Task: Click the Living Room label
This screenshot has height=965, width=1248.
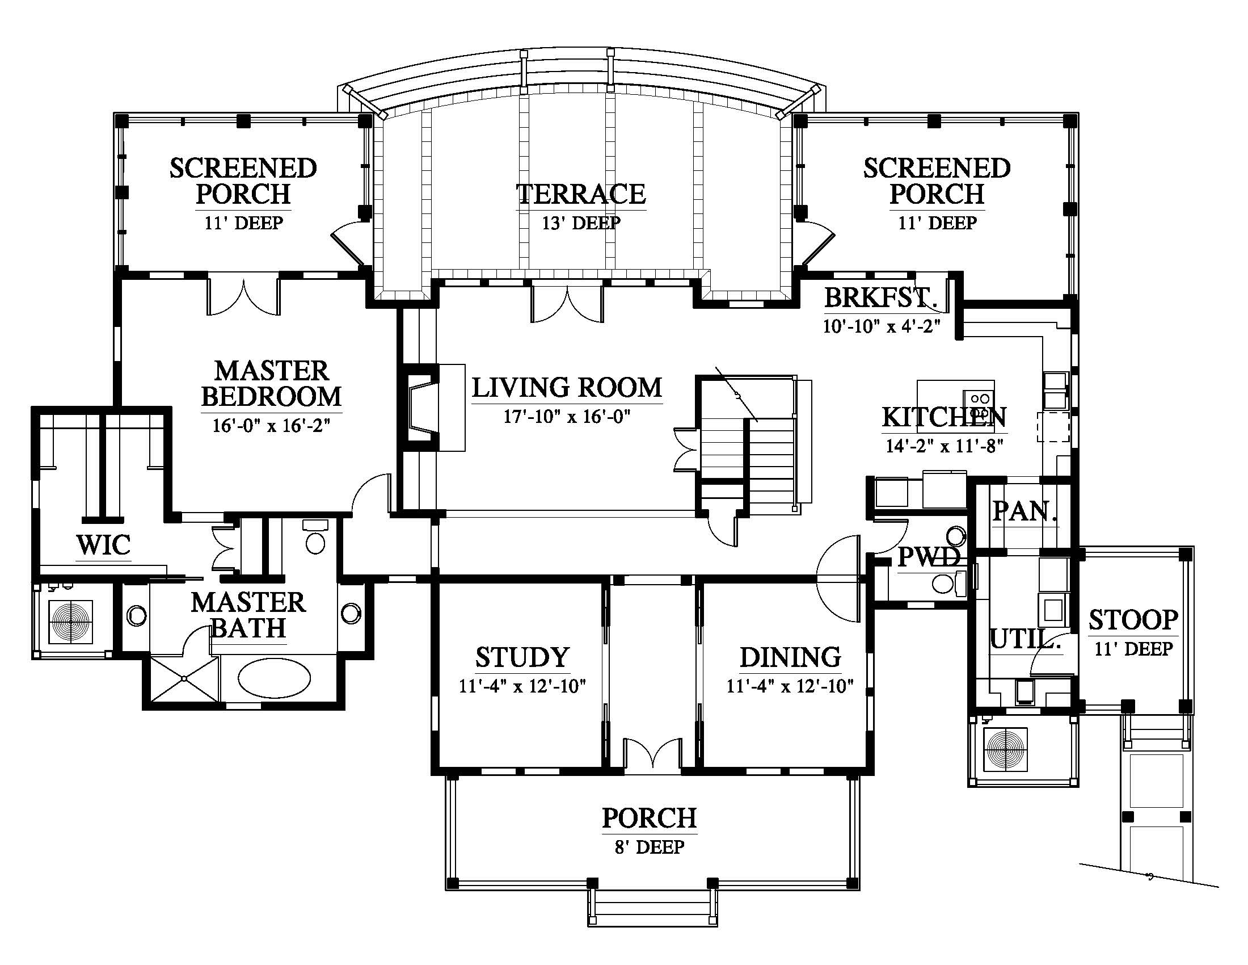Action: coord(567,388)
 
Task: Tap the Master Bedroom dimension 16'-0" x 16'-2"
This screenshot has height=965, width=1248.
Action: coord(271,426)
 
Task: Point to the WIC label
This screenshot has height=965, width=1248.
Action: coord(103,545)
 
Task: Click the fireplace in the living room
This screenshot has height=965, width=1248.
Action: coord(423,408)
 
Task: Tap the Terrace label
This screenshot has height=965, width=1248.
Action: coord(581,194)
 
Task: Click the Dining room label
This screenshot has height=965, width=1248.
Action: coord(790,657)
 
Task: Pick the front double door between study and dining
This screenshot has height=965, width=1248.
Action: coord(652,754)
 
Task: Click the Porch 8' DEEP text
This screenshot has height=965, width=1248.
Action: coord(650,847)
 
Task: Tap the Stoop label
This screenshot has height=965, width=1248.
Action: coord(1134,620)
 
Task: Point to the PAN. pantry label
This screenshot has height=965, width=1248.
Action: coord(1024,511)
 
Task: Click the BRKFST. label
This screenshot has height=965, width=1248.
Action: coord(880,297)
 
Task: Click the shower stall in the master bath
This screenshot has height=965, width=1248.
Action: coord(184,678)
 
